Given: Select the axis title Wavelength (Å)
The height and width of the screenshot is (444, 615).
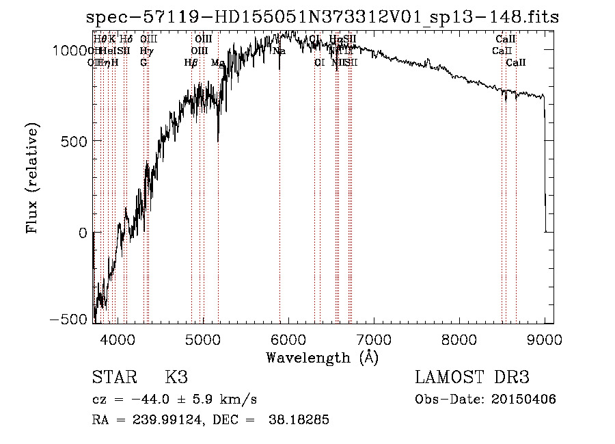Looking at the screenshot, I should pyautogui.click(x=322, y=357).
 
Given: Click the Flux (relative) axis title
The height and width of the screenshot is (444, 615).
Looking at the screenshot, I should pyautogui.click(x=32, y=178).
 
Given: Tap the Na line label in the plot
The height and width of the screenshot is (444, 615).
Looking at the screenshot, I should pyautogui.click(x=279, y=51).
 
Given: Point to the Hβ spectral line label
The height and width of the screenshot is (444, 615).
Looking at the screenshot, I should pyautogui.click(x=191, y=62).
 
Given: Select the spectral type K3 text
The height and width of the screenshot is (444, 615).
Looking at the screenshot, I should pyautogui.click(x=176, y=378).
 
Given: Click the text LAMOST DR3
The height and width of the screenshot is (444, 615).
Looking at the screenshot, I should pyautogui.click(x=472, y=378).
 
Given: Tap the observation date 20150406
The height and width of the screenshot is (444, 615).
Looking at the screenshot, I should pyautogui.click(x=527, y=399).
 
